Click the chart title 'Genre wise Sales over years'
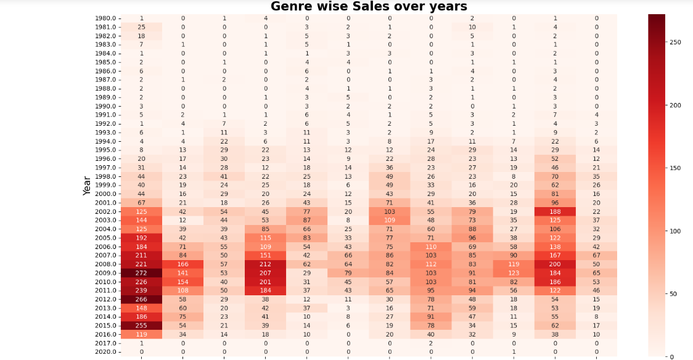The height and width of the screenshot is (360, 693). [x=369, y=7]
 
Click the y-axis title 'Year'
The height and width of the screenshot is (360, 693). [x=87, y=185]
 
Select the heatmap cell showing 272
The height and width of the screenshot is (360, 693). [x=141, y=272]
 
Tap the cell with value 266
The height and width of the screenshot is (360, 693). [x=141, y=299]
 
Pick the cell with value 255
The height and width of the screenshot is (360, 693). [x=141, y=325]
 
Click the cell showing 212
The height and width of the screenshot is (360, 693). [x=265, y=264]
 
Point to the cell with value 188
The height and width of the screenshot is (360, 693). [x=555, y=211]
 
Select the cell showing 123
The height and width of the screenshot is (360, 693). [x=514, y=272]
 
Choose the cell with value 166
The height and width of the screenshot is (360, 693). [x=182, y=264]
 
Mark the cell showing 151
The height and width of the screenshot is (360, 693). [x=265, y=255]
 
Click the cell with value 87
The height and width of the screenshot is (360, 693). [x=306, y=220]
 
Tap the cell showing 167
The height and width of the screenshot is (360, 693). [x=555, y=255]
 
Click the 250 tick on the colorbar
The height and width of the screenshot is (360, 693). [x=675, y=42]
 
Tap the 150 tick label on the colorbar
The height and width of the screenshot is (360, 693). [x=675, y=168]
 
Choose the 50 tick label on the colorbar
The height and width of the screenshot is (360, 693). [x=673, y=293]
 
